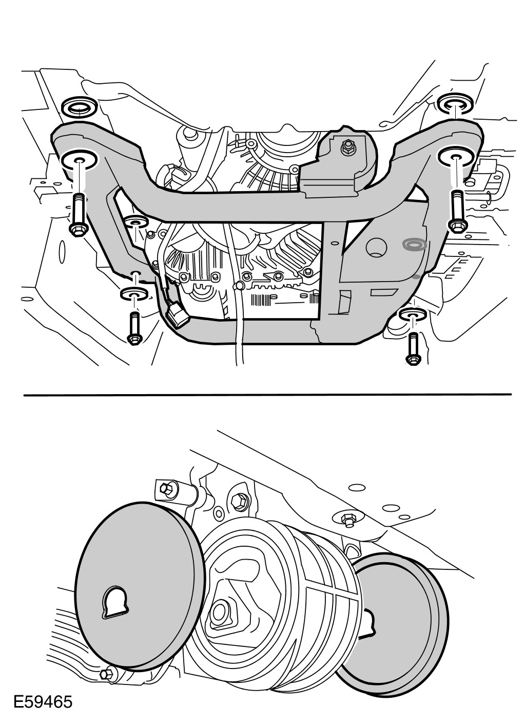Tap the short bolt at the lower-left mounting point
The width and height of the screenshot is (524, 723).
coord(135,326)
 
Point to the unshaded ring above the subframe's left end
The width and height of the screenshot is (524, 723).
coord(80,108)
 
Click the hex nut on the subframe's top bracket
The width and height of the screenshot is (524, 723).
coord(348,147)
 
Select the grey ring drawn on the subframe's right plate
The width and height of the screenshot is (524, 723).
coord(414,245)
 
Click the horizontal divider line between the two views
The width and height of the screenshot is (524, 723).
coord(267,395)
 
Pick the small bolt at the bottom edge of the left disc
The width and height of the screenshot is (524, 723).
coord(107,674)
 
